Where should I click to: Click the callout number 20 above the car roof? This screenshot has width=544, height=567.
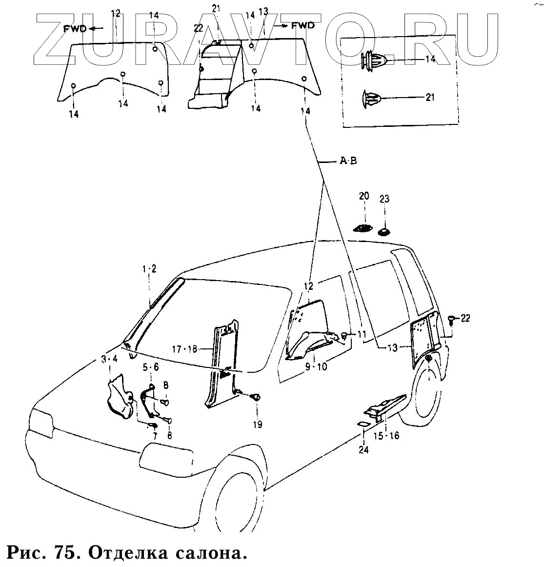[x=364, y=196]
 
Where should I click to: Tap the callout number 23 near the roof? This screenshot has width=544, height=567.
[x=384, y=199]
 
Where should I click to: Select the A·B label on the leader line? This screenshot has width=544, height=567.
[x=348, y=161]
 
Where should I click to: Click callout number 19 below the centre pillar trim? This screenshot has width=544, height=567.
[x=257, y=424]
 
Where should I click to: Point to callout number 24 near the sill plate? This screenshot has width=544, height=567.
[x=364, y=449]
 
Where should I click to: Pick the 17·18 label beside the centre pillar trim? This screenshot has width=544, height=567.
[x=184, y=349]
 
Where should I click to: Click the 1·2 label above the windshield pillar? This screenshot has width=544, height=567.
[x=149, y=269]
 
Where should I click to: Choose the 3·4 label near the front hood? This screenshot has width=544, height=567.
[x=109, y=359]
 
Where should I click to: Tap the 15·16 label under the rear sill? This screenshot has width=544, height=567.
[x=386, y=435]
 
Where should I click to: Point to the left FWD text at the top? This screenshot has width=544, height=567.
[x=75, y=28]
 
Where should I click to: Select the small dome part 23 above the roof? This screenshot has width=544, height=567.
[x=385, y=231]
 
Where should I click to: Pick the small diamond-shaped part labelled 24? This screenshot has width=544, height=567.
[x=364, y=424]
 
